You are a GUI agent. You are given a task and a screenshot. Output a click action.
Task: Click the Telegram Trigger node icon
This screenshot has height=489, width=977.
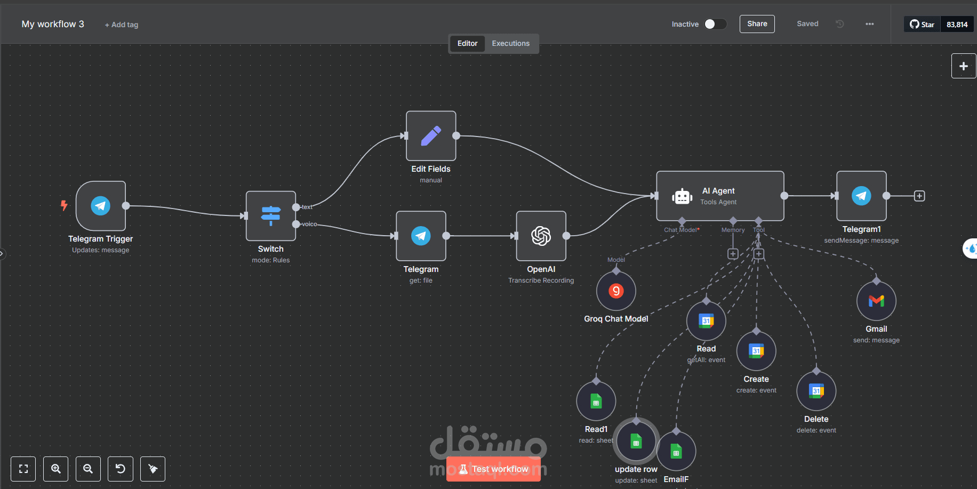pos(101,206)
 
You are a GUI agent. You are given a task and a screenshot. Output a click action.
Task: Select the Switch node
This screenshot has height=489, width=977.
pos(270,215)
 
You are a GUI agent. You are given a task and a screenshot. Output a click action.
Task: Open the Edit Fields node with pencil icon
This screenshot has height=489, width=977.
pos(431,136)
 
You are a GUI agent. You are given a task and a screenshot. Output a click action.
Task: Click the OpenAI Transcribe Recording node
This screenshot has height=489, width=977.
pos(541,236)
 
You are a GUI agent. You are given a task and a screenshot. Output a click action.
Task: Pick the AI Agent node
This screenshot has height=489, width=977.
pos(719,196)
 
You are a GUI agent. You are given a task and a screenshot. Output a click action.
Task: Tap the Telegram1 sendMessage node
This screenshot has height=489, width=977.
pos(861,196)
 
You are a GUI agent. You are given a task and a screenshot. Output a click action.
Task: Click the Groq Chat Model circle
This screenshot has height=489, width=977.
pos(616,291)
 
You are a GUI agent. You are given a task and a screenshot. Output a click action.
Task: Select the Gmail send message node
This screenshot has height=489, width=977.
pos(876,301)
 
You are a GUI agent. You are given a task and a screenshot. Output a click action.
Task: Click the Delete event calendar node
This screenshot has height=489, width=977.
pos(816,391)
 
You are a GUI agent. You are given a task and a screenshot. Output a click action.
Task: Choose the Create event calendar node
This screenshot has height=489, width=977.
pos(756,351)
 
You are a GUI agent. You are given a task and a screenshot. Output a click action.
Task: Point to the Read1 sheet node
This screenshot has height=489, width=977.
pos(596,401)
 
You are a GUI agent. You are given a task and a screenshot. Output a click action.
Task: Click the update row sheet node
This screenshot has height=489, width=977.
pos(636,441)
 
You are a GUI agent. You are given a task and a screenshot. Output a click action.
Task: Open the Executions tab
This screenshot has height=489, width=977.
pos(510,44)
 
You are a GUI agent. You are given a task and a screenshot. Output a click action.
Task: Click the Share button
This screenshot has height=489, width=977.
pos(757,24)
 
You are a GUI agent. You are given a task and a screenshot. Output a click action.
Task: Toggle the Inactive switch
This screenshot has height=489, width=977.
pos(715,24)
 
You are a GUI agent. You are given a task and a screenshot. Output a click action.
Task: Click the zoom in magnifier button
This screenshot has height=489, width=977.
pos(56,469)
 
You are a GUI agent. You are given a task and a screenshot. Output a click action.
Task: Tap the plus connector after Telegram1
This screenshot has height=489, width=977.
pos(919,196)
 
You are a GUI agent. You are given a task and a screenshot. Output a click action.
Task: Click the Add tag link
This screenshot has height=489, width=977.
pos(122,25)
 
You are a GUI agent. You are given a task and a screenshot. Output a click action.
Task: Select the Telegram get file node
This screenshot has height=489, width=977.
pos(421,236)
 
